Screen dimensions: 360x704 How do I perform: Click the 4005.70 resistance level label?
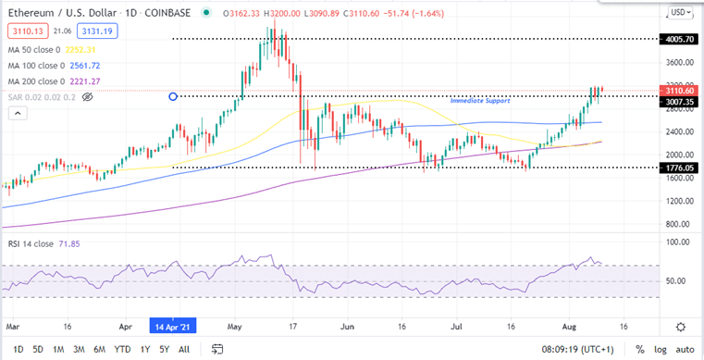coord(677,39)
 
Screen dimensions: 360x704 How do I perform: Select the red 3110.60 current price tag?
coord(677,91)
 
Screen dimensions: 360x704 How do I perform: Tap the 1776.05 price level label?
coord(677,168)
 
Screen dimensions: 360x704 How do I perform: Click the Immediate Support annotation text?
coord(479,99)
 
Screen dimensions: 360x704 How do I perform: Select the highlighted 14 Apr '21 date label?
coord(174,327)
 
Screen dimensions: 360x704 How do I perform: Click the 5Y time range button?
coord(163,350)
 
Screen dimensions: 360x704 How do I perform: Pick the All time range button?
coord(184,350)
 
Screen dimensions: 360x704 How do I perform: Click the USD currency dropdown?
coord(679,11)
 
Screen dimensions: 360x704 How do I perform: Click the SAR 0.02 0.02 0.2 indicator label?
coord(40,95)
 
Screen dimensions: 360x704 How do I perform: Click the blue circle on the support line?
coord(173,96)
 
